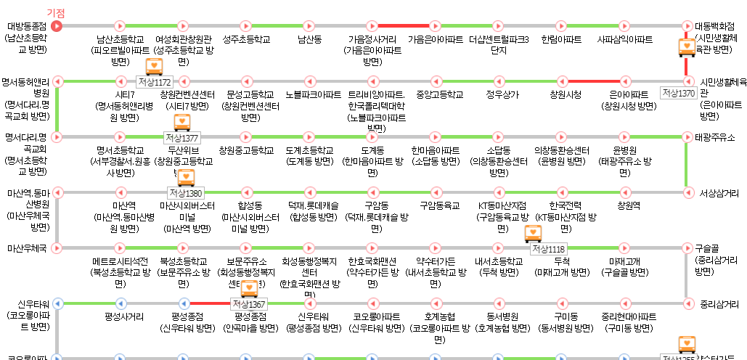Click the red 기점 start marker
57,26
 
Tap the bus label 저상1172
154,82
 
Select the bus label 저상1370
678,93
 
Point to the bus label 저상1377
181,138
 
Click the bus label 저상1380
185,193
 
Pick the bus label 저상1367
250,304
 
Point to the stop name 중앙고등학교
440,94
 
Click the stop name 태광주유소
714,137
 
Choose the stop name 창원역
629,205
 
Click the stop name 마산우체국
27,248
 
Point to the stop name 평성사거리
124,316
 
